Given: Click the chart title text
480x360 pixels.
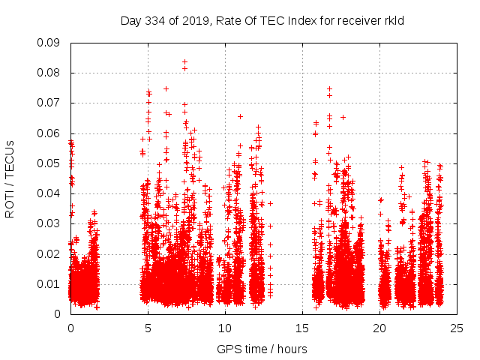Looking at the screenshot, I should (x=262, y=21).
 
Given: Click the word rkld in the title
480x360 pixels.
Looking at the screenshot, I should (x=393, y=21).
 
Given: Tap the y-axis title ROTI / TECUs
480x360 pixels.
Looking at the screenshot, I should (x=10, y=178).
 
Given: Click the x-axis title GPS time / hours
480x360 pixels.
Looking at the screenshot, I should (x=262, y=349).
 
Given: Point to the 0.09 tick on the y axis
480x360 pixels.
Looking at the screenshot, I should (x=49, y=43).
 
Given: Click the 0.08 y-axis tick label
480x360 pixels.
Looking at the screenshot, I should (x=49, y=73).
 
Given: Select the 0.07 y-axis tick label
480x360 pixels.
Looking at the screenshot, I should (x=49, y=103).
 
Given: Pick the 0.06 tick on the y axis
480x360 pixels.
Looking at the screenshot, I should (x=49, y=133).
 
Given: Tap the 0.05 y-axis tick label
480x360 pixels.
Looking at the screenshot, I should (x=49, y=163).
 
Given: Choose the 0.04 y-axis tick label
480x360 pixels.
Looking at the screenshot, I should (x=49, y=193).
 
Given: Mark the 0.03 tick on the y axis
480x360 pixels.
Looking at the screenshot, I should (x=49, y=223).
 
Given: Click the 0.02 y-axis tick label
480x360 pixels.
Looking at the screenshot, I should (x=49, y=253).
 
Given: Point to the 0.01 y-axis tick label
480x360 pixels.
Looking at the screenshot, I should (x=49, y=283).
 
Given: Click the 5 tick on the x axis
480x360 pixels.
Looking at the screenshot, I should (x=148, y=328).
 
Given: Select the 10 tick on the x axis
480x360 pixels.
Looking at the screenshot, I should (x=225, y=328).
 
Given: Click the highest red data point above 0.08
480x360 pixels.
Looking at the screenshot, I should (x=184, y=61).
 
